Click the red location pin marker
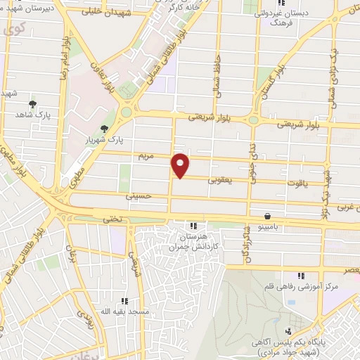(x=181, y=165)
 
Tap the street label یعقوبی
(x=219, y=180)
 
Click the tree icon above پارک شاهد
(x=32, y=104)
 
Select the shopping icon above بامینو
(x=267, y=217)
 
